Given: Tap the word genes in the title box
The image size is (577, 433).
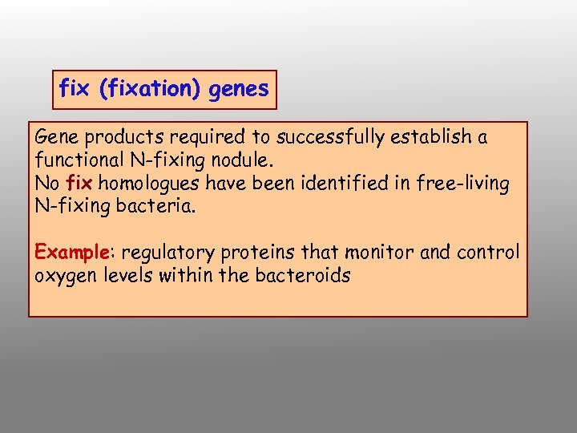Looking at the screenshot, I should point(238,89).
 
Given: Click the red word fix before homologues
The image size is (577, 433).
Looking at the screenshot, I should point(78,184).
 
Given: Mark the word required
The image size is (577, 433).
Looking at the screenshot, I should point(184,137).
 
